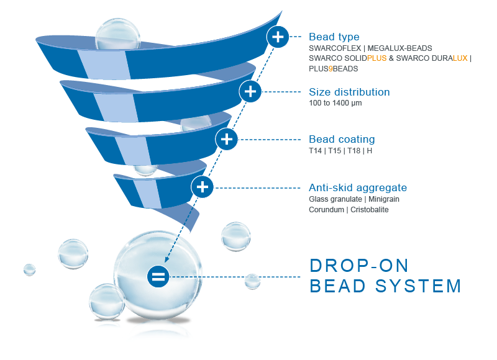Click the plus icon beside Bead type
click(x=278, y=37)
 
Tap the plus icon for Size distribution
click(x=250, y=91)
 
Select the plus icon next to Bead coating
click(x=226, y=139)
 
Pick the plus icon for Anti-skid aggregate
click(x=203, y=187)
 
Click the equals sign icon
click(x=158, y=277)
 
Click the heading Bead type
click(x=334, y=37)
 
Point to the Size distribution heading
click(x=349, y=92)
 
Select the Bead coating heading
click(x=342, y=139)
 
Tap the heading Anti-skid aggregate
click(x=358, y=187)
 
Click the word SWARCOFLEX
click(x=335, y=48)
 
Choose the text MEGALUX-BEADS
click(x=399, y=48)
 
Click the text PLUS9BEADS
click(x=334, y=69)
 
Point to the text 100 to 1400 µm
click(x=335, y=103)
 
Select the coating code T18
click(x=353, y=151)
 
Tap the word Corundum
click(x=326, y=210)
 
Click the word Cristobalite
click(x=369, y=210)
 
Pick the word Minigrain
click(x=384, y=199)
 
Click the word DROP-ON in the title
click(x=359, y=266)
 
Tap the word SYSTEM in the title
click(x=418, y=286)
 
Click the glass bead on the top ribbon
click(x=117, y=34)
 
